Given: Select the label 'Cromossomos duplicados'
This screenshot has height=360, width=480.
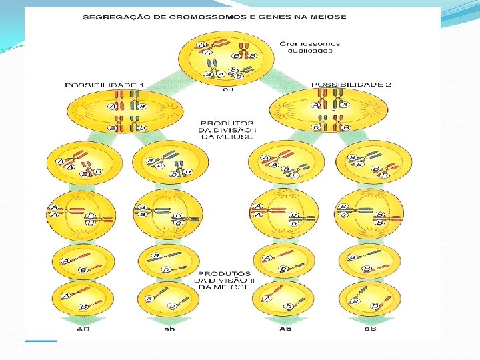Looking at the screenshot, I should coord(309,48).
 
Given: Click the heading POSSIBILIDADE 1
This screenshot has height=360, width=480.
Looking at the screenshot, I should coord(113,85).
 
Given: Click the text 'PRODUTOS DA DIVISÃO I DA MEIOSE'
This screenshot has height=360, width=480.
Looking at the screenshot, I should coord(226,130).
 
